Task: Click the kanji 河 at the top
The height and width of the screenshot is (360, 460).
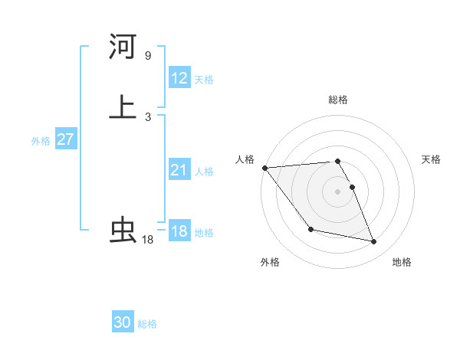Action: point(123,47)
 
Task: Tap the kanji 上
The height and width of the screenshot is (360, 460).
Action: point(123,106)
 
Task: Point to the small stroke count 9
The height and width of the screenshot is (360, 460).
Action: point(147,55)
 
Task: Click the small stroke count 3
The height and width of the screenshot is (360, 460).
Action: point(147,116)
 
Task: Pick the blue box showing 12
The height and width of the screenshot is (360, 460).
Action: point(179,78)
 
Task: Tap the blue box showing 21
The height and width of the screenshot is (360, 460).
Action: point(179,170)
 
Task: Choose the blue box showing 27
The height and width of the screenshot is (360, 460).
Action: point(65,140)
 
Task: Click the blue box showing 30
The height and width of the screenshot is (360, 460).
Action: point(123,322)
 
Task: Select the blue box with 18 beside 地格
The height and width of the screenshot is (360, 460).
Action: point(179,231)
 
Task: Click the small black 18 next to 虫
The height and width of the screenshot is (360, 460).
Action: point(147,240)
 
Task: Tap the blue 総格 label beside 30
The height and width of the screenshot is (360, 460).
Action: point(147,324)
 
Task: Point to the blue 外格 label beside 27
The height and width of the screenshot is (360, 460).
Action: point(41,141)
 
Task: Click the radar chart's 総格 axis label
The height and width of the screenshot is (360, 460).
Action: point(338,100)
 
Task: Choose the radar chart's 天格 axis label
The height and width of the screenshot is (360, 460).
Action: point(431,159)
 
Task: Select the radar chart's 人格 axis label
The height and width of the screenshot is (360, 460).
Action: point(245,159)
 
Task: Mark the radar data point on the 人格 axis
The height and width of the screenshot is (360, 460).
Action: point(264,168)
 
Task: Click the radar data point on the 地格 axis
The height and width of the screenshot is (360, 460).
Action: point(374,242)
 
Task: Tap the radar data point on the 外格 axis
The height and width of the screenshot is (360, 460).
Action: point(310,229)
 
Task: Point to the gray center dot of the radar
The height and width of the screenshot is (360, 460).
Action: point(338,191)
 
